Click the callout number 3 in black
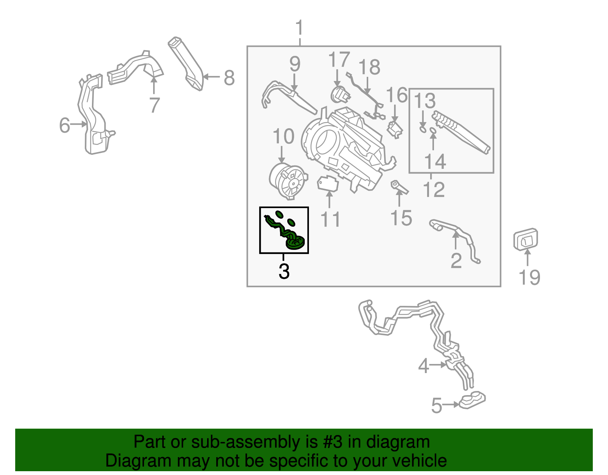tap(284, 271)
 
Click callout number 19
tap(529, 277)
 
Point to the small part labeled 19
tap(526, 239)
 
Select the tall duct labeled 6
tap(93, 118)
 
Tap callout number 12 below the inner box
tap(434, 189)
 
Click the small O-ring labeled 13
tap(423, 130)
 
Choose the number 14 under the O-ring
tap(435, 162)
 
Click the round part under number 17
tap(339, 94)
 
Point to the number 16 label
tap(396, 95)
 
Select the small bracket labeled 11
tap(327, 184)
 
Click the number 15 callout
tap(401, 218)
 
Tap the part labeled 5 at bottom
tap(472, 400)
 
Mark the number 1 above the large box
tap(300, 28)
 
